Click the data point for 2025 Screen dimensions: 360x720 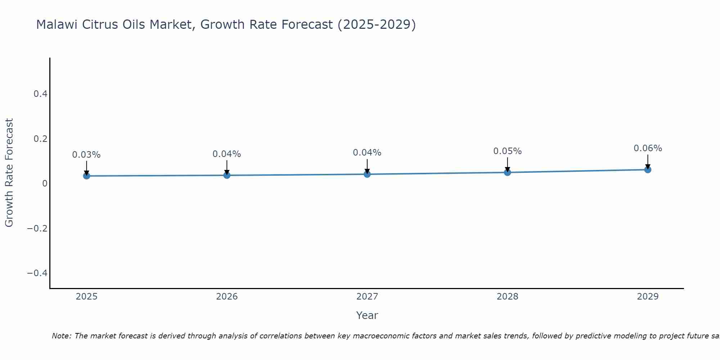[x=86, y=176]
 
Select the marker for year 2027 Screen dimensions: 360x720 [x=367, y=174]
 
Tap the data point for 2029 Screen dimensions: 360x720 [x=648, y=170]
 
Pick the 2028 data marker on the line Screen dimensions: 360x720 [x=507, y=172]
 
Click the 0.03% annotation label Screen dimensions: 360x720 [x=86, y=155]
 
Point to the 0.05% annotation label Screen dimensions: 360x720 [x=507, y=151]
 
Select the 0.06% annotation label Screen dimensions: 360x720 [x=648, y=148]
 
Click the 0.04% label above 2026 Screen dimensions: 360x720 [x=227, y=154]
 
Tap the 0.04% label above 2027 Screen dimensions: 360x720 [x=367, y=153]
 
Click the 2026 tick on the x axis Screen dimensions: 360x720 [x=227, y=297]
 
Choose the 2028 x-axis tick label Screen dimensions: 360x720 [x=507, y=297]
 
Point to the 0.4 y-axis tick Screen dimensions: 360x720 [x=40, y=94]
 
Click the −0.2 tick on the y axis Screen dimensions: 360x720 [x=37, y=228]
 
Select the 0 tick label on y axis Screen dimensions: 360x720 [x=45, y=184]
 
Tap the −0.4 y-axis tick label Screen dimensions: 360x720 [x=37, y=273]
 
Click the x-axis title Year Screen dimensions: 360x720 [x=367, y=315]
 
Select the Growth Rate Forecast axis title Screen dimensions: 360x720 [x=9, y=173]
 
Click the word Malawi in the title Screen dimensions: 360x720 [x=54, y=24]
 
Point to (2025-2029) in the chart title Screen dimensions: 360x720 [x=377, y=24]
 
